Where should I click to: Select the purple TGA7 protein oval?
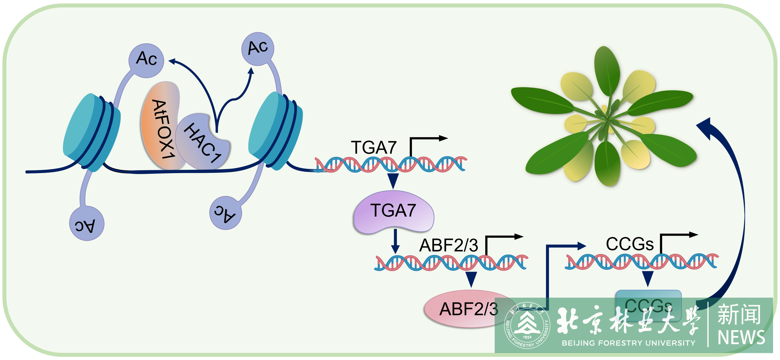pyautogui.click(x=393, y=212)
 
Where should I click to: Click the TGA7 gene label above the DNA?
pyautogui.click(x=374, y=148)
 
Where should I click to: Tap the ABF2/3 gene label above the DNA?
pyautogui.click(x=448, y=245)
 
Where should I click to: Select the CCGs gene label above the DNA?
pyautogui.click(x=630, y=244)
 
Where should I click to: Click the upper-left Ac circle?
pyautogui.click(x=146, y=60)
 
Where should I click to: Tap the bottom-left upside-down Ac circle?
pyautogui.click(x=86, y=224)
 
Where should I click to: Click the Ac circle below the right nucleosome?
pyautogui.click(x=226, y=213)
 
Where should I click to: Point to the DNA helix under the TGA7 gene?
pyautogui.click(x=390, y=164)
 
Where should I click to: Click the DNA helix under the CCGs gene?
pyautogui.click(x=642, y=262)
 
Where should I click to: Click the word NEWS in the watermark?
pyautogui.click(x=741, y=338)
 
